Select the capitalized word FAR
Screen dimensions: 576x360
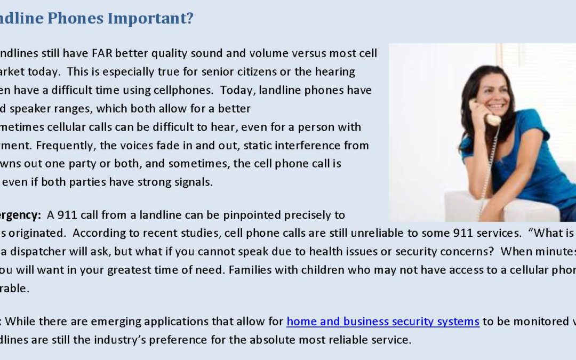tap(102, 53)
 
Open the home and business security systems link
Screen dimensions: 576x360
tap(383, 322)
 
